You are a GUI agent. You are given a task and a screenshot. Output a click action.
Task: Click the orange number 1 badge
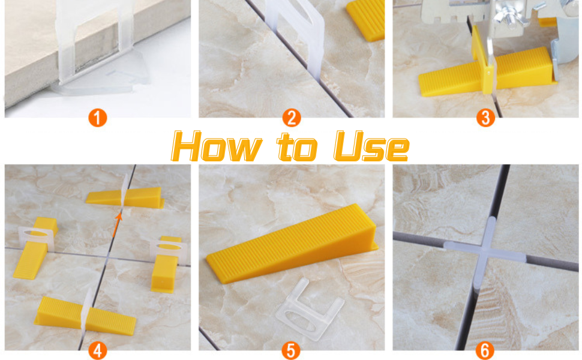(x=98, y=118)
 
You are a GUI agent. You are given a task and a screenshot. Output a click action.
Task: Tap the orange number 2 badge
(x=292, y=118)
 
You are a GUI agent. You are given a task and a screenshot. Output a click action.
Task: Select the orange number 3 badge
(x=485, y=118)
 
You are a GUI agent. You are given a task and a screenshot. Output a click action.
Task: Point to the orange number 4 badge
(x=98, y=350)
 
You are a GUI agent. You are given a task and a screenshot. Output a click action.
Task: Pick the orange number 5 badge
(x=291, y=350)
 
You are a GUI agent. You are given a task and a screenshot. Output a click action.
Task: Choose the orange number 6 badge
(x=485, y=350)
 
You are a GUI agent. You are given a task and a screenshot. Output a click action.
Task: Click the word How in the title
(x=217, y=146)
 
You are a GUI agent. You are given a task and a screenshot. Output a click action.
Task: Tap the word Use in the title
(x=371, y=146)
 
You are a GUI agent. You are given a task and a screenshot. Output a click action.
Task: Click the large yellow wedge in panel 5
(x=292, y=243)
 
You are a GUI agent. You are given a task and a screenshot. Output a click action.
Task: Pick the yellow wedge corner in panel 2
(x=366, y=20)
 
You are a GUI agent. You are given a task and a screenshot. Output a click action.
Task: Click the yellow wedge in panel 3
(x=486, y=73)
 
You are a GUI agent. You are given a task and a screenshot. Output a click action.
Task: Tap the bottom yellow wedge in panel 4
(x=85, y=316)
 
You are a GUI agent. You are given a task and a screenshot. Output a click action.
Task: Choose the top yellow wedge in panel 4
(x=125, y=197)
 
